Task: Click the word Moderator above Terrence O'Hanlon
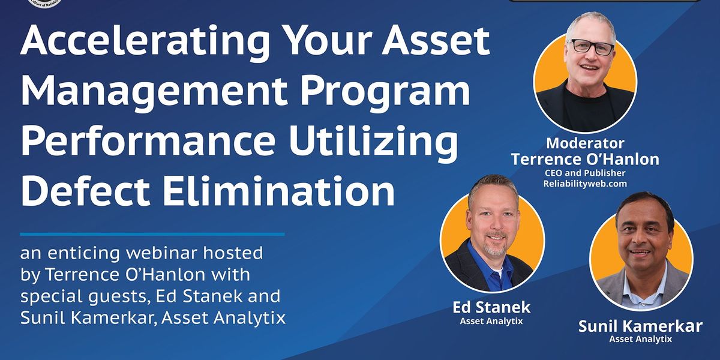[584, 143]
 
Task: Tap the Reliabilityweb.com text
[585, 184]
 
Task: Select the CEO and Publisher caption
[585, 173]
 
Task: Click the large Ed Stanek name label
[491, 308]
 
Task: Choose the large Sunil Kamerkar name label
[640, 327]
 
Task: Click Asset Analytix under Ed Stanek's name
[491, 321]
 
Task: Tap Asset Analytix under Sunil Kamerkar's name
[640, 340]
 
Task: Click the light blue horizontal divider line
[152, 234]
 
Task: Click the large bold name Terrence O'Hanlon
[584, 159]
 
